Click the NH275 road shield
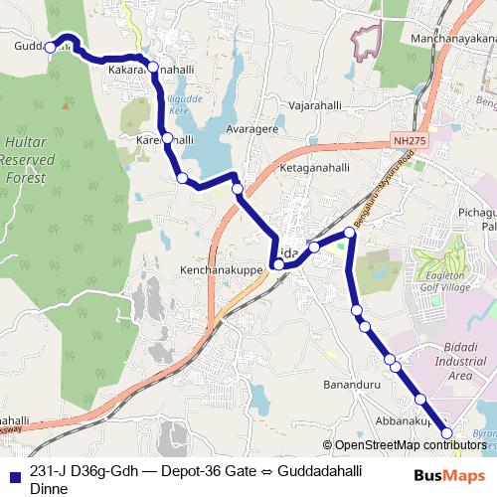(x=407, y=142)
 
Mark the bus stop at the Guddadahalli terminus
(x=52, y=45)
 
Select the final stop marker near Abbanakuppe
(x=447, y=432)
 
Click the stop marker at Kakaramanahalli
(x=153, y=68)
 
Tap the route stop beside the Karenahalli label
(x=168, y=138)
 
